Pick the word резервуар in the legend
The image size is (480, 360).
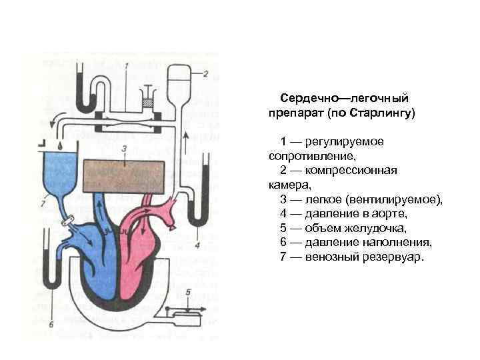(389, 257)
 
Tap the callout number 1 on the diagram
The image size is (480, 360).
(127, 65)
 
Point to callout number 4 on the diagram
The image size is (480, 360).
(197, 245)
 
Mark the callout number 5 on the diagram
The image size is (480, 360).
(189, 293)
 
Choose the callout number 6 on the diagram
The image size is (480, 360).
(50, 325)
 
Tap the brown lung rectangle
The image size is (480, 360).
(124, 176)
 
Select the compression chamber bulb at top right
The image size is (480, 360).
(177, 79)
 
